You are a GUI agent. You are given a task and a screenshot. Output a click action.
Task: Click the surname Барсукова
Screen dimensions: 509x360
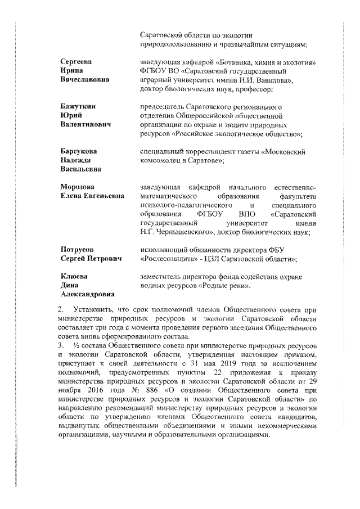[79, 151]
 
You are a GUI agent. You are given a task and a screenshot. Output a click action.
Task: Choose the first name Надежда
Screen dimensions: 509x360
[76, 160]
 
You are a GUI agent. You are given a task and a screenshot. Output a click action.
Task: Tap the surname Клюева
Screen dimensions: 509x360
[74, 276]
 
